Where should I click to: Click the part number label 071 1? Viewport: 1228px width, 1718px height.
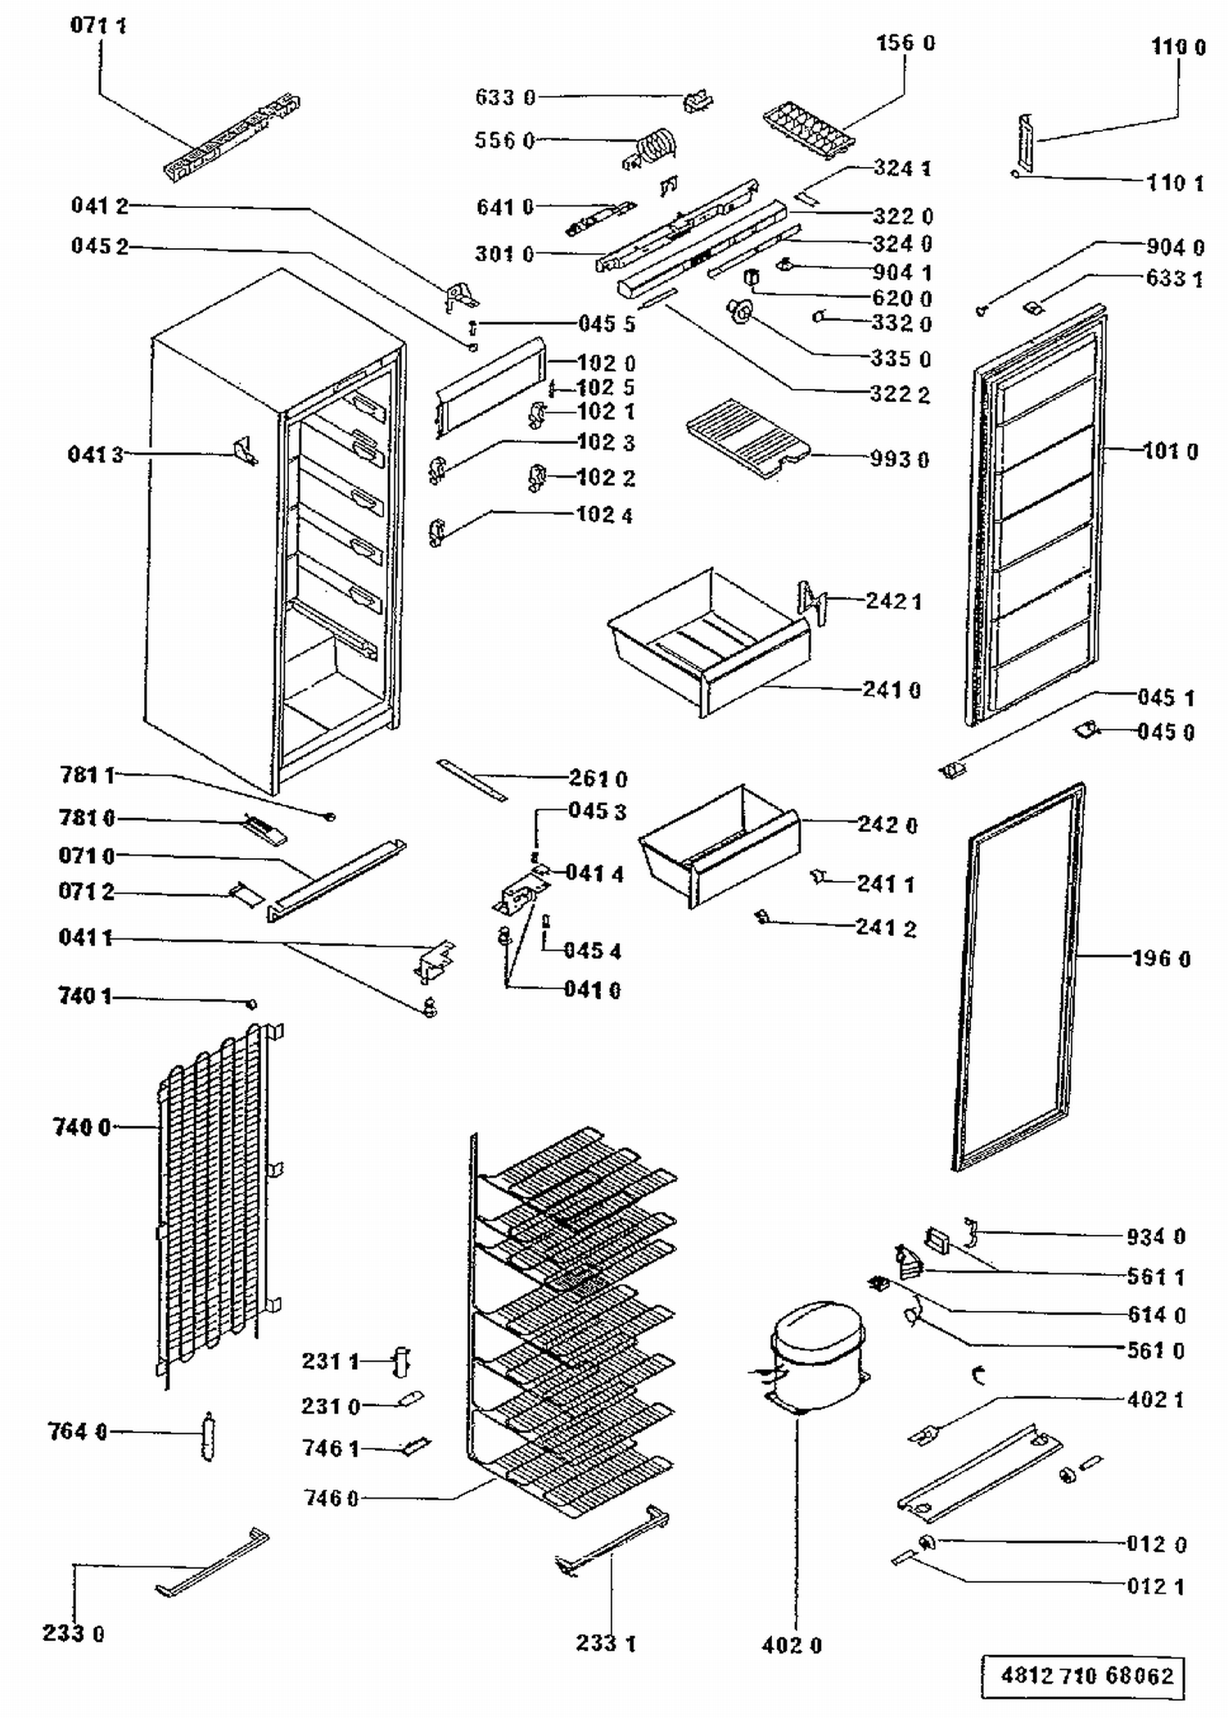point(98,25)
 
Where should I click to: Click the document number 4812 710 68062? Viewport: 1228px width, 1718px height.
point(1086,1675)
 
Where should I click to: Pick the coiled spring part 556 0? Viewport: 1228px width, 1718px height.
point(653,147)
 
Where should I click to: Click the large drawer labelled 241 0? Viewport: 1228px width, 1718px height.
point(709,643)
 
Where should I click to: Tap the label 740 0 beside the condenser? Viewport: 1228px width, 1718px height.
point(82,1128)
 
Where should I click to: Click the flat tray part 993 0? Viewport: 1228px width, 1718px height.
point(747,437)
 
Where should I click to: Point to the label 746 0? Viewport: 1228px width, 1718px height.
point(331,1499)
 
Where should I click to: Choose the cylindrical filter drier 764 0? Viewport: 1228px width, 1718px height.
point(209,1435)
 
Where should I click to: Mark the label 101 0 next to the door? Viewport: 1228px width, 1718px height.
point(1171,451)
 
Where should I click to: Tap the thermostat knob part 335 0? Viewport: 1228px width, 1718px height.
point(740,312)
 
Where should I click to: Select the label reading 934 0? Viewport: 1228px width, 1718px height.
point(1156,1237)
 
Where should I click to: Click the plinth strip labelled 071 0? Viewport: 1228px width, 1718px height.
point(336,880)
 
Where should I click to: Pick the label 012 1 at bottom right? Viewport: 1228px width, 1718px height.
point(1156,1586)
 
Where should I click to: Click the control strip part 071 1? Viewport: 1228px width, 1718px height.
point(232,137)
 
